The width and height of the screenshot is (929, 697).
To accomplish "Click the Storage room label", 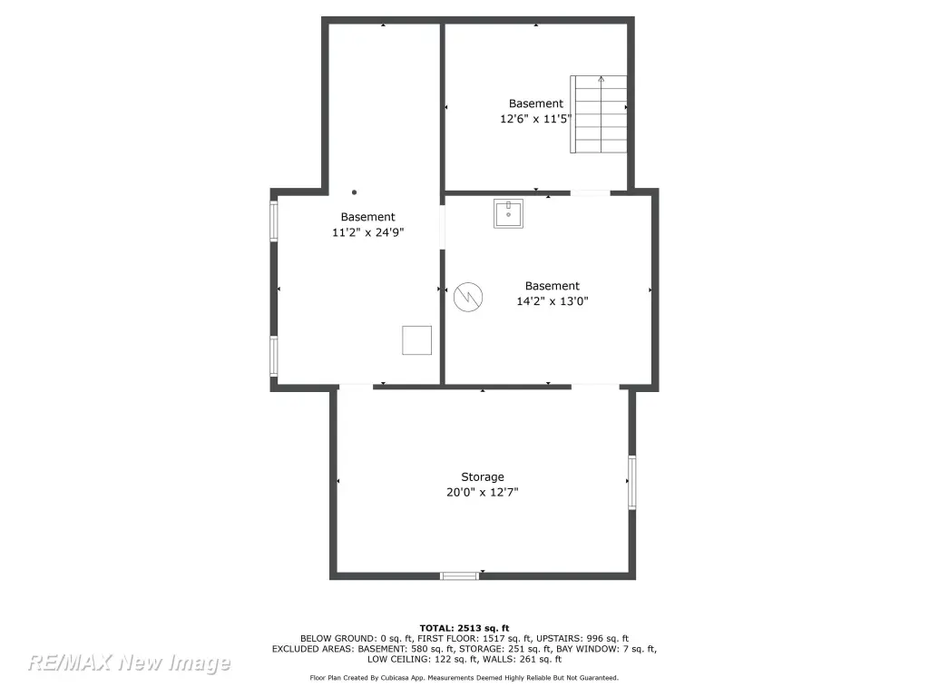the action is [x=483, y=477].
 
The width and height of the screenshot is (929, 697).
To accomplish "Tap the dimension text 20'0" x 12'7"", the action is [x=483, y=492].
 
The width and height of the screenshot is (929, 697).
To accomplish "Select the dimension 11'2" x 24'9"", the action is [x=368, y=232].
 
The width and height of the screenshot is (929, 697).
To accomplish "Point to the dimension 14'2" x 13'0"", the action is [x=553, y=301].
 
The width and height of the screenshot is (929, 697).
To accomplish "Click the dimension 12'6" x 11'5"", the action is [x=535, y=119].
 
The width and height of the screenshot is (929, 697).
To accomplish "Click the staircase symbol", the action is [x=599, y=113].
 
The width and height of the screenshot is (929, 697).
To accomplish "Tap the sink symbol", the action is [x=508, y=213].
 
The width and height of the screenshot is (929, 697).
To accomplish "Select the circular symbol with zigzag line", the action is [x=468, y=297].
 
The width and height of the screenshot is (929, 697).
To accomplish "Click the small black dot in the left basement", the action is [x=355, y=192].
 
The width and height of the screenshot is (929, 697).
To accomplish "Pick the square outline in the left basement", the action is [x=417, y=340].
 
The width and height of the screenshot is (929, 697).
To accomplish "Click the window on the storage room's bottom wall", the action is [x=460, y=575].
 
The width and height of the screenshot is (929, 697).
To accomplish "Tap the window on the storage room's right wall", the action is [x=632, y=482].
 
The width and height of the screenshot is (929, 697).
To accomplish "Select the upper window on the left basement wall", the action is [x=274, y=221].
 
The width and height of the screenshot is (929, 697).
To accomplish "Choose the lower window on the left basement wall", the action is [x=274, y=356].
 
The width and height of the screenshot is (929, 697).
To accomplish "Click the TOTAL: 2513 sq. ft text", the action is [x=464, y=628].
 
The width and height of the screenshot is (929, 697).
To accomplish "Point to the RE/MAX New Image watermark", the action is [x=129, y=663].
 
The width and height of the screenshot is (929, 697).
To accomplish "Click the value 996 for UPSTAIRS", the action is [x=595, y=639].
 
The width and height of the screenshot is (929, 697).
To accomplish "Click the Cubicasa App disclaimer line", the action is [x=464, y=677].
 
